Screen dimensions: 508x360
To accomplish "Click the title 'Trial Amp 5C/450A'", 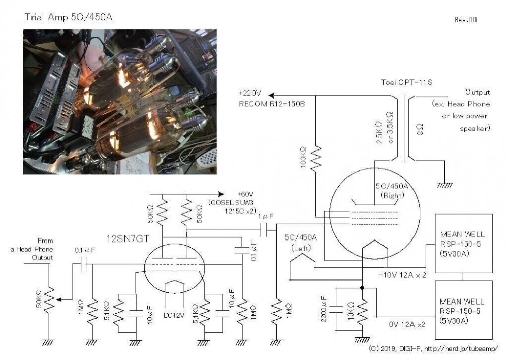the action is tap(69, 17).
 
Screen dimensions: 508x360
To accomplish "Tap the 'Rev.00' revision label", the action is tap(465, 20).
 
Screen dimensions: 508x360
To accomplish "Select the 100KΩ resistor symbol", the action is tap(316, 158).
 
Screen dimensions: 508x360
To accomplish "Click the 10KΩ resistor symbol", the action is tap(362, 311).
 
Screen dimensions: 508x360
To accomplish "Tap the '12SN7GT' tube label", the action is tap(128, 239).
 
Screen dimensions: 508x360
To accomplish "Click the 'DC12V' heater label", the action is tap(174, 315).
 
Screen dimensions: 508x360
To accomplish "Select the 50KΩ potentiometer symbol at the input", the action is tap(49, 301).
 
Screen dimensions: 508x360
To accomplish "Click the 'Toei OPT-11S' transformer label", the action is tap(406, 82).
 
